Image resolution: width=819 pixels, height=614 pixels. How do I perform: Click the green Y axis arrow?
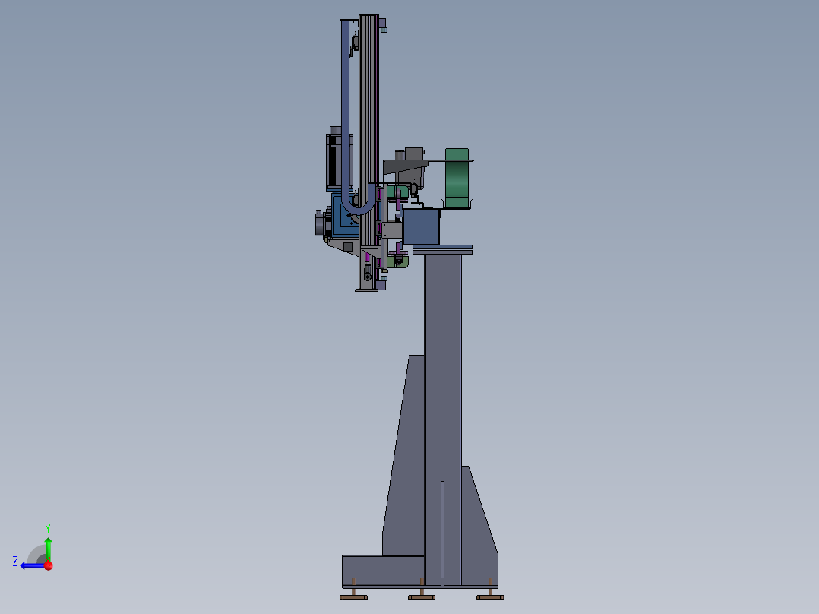48,549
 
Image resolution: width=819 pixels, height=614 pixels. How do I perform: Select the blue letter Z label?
15,562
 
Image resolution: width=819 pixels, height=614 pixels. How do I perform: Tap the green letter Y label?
48,528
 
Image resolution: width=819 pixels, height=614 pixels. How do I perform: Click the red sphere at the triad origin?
49,565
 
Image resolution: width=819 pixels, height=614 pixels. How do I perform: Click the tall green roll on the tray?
457,178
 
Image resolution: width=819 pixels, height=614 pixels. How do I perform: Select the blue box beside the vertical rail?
421,226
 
